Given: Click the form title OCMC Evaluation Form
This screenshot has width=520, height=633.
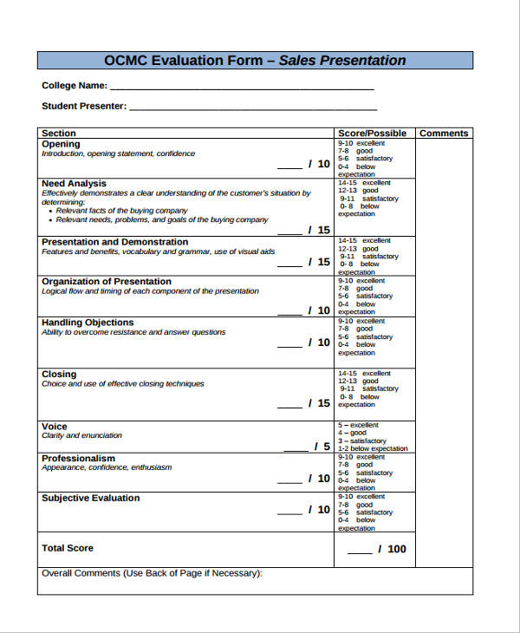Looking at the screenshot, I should click(255, 61).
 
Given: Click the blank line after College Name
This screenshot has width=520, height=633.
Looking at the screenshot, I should click(242, 88).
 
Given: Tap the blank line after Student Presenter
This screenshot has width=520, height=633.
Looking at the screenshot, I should click(252, 108).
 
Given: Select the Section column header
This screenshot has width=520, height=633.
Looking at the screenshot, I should click(59, 134).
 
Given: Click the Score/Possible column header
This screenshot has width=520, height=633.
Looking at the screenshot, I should click(372, 134).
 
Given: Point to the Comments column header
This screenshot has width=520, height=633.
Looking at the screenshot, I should click(444, 134).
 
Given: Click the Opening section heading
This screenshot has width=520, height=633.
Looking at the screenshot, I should click(61, 144).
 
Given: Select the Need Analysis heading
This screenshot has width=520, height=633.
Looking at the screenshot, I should click(75, 184).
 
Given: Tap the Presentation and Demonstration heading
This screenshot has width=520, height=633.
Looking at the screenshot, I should click(114, 242).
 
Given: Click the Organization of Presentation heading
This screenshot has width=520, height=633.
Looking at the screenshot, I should click(107, 282).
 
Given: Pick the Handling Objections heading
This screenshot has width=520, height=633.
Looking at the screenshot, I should click(88, 323).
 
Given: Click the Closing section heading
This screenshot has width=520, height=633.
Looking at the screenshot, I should click(59, 375).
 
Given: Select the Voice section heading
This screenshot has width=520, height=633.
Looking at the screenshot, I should click(55, 427).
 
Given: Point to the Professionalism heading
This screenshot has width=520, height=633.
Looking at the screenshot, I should click(78, 458).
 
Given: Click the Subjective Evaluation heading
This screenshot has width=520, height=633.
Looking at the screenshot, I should click(90, 499).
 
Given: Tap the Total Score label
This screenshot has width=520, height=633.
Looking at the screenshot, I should click(68, 548).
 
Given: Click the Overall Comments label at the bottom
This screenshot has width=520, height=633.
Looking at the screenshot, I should click(152, 573).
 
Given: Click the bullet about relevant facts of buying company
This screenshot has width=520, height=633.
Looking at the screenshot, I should click(122, 211).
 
